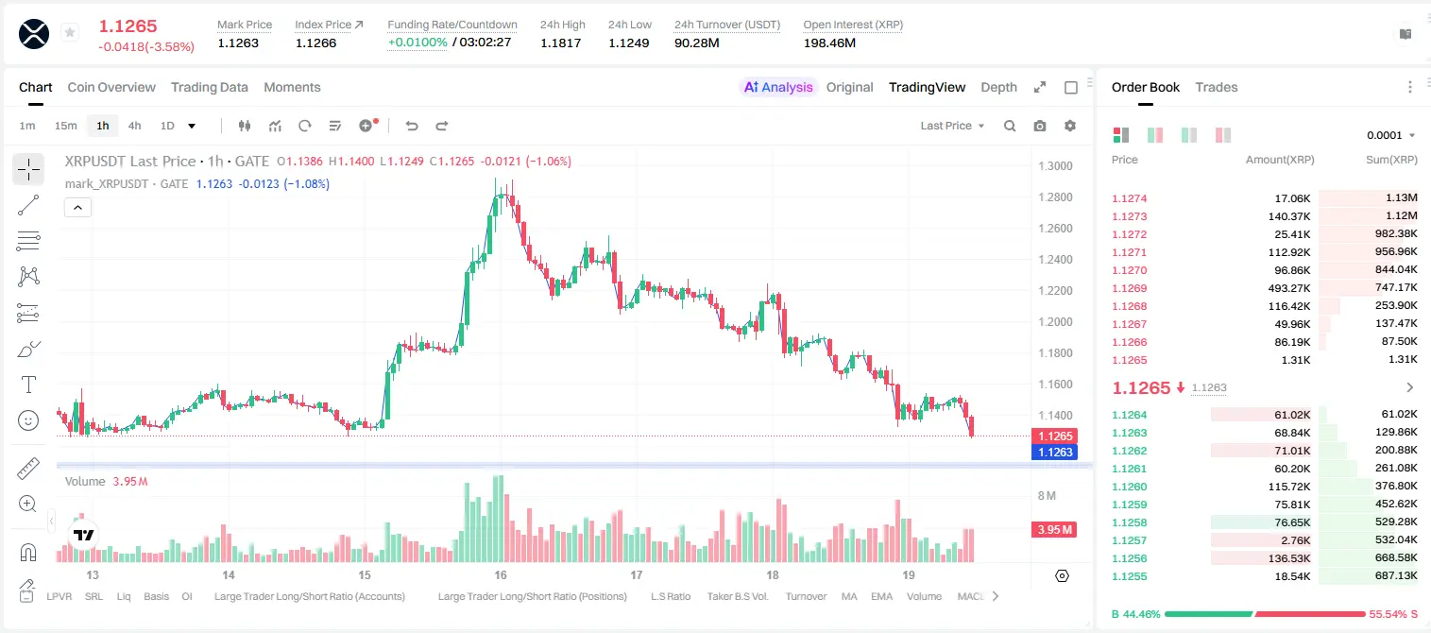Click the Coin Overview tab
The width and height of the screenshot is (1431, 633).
click(111, 87)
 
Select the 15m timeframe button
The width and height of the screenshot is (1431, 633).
click(65, 126)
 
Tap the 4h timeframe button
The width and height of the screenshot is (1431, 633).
click(134, 126)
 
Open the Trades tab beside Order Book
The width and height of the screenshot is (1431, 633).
click(1217, 87)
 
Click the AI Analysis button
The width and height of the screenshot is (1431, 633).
click(778, 87)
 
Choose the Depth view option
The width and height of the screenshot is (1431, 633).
click(998, 87)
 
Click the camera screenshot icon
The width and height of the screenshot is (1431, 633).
click(1040, 126)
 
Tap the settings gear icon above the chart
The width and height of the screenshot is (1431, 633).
click(1070, 126)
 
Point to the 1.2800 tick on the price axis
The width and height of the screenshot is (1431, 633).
click(1055, 197)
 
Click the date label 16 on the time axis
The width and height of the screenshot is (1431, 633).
click(501, 574)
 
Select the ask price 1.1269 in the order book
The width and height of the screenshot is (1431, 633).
click(1129, 288)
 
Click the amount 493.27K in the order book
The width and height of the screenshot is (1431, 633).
click(1288, 288)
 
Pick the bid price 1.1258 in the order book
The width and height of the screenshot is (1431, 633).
click(1129, 522)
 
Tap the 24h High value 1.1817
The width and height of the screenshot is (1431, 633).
click(560, 43)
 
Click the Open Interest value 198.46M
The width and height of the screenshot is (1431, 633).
click(829, 43)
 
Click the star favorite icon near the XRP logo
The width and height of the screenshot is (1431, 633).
click(70, 32)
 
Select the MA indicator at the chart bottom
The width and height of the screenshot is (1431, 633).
click(849, 596)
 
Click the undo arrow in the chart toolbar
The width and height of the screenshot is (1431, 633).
click(412, 126)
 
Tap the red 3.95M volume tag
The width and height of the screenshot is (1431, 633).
click(1054, 529)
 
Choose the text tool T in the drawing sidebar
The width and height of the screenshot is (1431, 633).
click(28, 385)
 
